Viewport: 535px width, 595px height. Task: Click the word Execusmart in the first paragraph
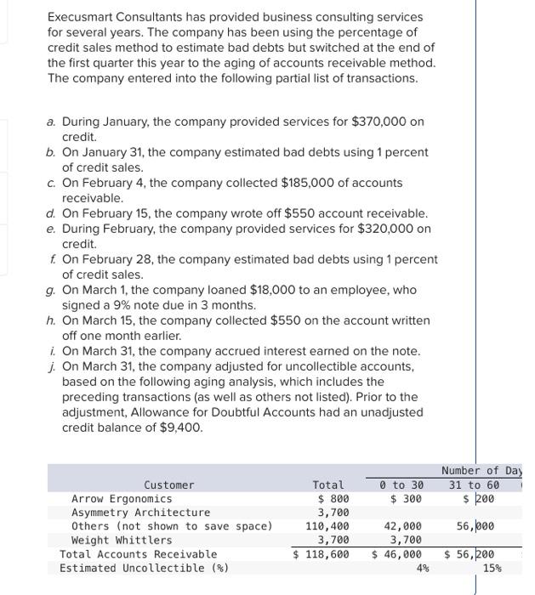click(x=82, y=17)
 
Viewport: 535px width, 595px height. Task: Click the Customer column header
click(x=168, y=484)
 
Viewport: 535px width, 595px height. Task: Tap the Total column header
click(x=329, y=484)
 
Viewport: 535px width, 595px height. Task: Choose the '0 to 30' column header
click(x=401, y=484)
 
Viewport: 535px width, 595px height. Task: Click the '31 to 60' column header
click(x=474, y=484)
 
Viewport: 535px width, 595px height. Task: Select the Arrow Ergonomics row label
click(x=122, y=499)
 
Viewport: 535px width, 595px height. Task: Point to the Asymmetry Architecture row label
click(x=140, y=513)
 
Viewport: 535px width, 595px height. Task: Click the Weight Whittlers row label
click(x=122, y=540)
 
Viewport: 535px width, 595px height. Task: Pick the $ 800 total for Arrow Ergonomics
click(x=333, y=499)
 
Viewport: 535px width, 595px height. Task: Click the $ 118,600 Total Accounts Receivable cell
click(x=322, y=554)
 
